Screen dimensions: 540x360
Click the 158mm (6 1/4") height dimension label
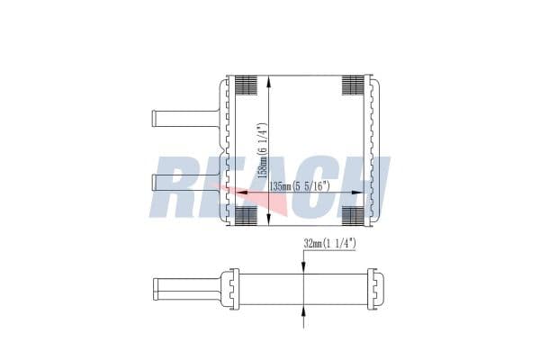tap(263, 150)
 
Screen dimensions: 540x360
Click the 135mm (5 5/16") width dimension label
tap(300, 186)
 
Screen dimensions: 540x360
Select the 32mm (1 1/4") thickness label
tap(329, 244)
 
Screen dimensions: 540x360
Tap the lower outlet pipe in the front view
tap(186, 183)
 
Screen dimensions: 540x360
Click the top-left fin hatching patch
tap(246, 85)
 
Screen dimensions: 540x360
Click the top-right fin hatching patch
tap(353, 85)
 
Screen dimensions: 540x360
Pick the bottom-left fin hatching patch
tap(246, 216)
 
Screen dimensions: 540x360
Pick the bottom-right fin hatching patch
tap(353, 216)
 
